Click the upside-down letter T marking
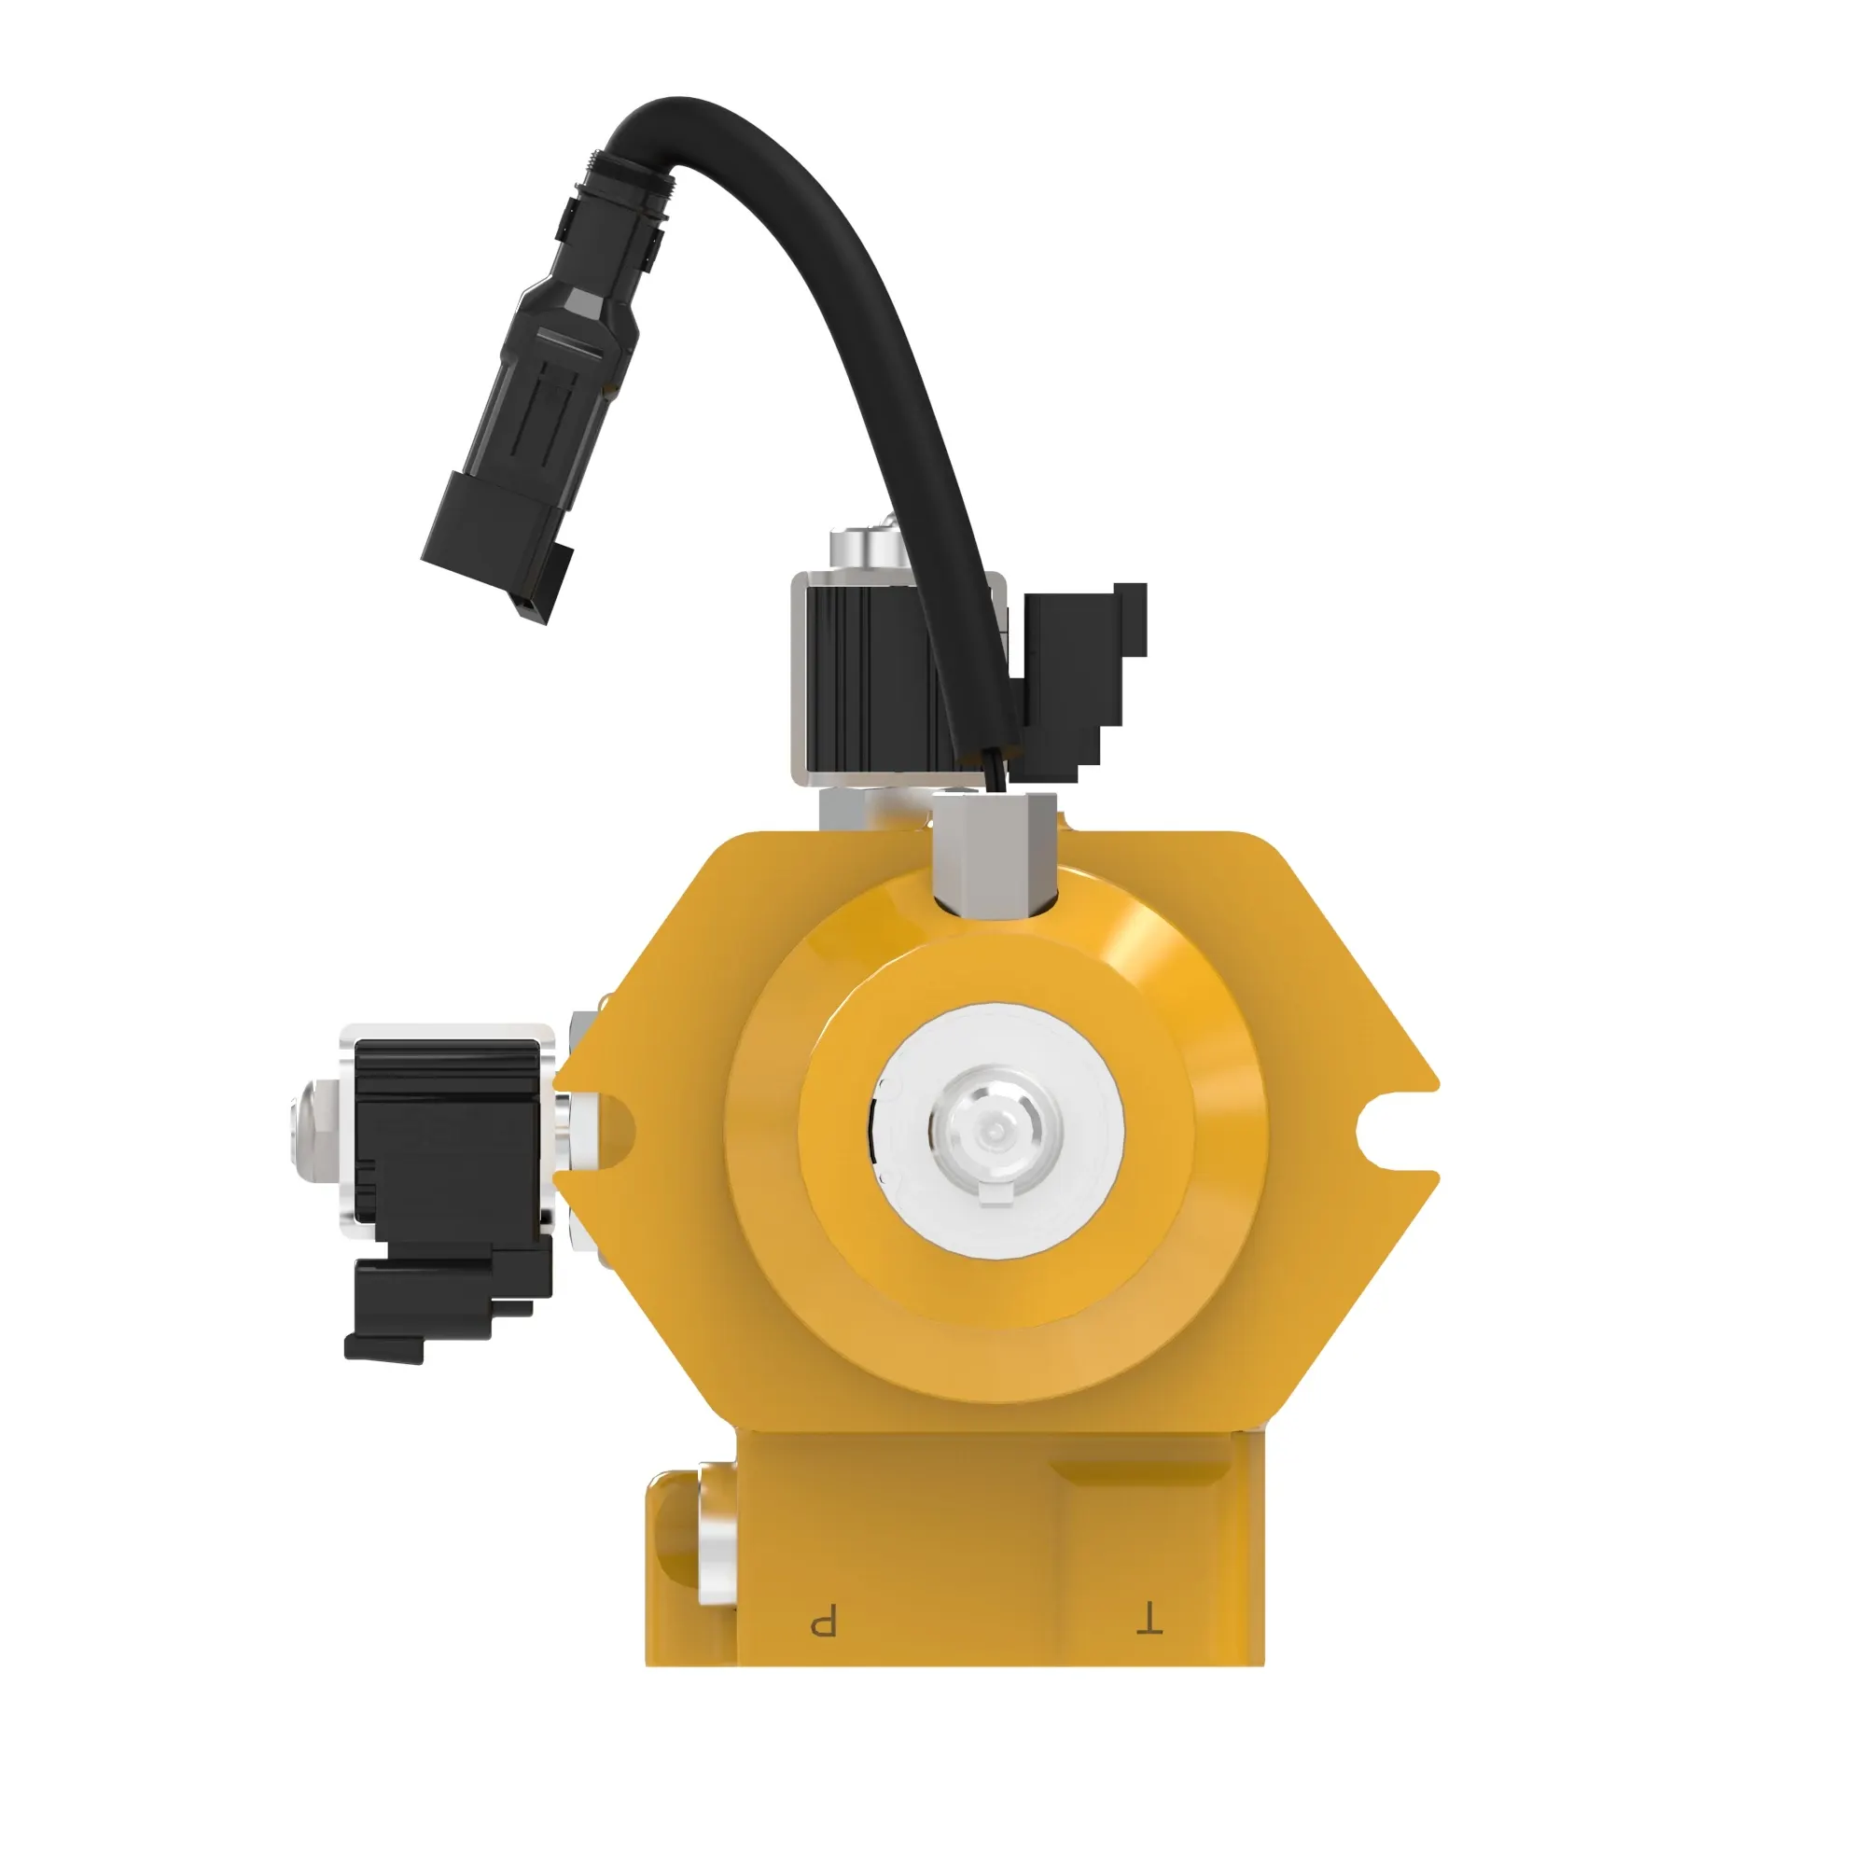coord(1149,1620)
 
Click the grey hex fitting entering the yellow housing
coord(995,850)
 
